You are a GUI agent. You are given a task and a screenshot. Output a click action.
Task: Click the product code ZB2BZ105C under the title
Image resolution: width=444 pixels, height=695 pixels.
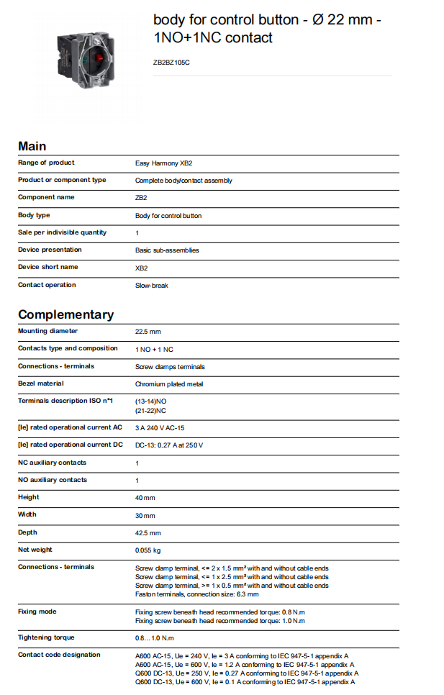(171, 63)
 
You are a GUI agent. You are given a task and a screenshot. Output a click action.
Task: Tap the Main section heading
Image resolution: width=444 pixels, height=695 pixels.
(32, 146)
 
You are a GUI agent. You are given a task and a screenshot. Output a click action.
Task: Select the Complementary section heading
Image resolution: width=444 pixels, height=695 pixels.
(65, 314)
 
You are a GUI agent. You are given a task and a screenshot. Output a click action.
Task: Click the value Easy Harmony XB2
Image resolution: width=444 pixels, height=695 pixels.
(163, 163)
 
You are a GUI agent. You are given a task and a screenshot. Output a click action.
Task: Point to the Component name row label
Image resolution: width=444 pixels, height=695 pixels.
(46, 197)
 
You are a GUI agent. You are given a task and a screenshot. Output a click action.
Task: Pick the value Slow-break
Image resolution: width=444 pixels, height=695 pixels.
(151, 286)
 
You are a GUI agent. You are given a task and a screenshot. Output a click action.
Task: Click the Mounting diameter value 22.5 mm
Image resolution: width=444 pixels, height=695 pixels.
(148, 332)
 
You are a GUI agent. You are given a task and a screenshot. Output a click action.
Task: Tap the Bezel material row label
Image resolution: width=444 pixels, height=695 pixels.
(41, 383)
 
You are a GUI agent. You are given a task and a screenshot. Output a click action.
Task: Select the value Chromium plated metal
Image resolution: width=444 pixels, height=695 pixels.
(169, 384)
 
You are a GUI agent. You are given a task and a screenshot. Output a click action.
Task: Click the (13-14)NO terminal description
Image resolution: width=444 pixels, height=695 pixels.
(150, 401)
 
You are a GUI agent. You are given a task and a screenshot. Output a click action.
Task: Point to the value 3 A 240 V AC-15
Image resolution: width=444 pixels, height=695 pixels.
(160, 428)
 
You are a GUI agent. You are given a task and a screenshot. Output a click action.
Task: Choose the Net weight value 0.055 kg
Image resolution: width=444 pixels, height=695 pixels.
(148, 550)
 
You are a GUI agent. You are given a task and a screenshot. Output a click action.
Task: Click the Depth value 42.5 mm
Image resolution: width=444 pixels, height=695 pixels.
(148, 533)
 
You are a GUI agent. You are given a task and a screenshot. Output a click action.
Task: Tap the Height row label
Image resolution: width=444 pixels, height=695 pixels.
(28, 497)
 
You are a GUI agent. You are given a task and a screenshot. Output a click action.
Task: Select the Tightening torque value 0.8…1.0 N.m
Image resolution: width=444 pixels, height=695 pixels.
(154, 638)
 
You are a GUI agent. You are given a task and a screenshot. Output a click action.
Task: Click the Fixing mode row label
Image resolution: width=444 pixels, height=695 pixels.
(37, 612)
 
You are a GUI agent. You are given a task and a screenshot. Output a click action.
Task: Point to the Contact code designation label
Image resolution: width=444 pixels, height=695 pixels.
(59, 655)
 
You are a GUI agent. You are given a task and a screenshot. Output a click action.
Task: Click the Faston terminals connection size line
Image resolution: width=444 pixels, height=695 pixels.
(196, 594)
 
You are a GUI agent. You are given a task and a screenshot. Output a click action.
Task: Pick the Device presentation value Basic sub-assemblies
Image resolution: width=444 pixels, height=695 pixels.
(167, 250)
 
